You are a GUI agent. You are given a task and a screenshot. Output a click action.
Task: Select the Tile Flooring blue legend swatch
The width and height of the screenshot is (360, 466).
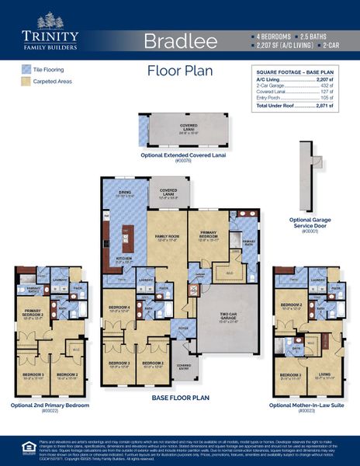(26, 69)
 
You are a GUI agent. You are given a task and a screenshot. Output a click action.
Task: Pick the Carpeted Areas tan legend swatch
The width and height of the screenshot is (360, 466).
(26, 81)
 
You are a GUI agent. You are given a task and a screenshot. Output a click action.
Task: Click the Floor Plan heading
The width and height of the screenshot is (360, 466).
(181, 71)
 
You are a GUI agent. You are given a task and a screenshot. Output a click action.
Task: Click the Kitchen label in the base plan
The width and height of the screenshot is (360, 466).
(123, 260)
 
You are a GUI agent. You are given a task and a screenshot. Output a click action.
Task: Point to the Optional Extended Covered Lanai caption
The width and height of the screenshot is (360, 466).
(173, 157)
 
